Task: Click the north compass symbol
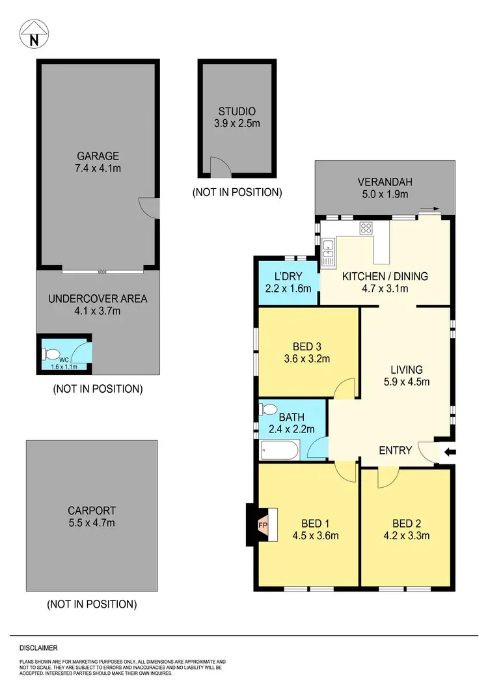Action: [34, 35]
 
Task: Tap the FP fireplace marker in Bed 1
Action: [263, 524]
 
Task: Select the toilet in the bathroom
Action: [267, 410]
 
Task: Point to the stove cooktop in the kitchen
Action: [366, 229]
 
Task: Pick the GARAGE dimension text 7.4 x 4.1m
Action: [98, 168]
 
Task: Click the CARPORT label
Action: [91, 510]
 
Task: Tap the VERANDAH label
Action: [385, 182]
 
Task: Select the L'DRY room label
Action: [289, 276]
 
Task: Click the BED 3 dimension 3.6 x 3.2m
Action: [308, 358]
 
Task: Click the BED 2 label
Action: [406, 523]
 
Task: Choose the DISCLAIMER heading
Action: [38, 648]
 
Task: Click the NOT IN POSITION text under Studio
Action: [237, 192]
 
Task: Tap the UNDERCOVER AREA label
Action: [98, 299]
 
